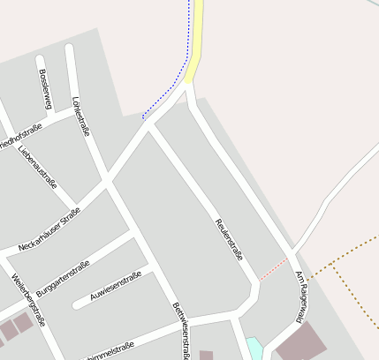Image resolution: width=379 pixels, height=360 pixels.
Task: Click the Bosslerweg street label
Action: coord(46,86)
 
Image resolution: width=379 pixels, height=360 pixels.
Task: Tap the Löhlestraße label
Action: coord(81,116)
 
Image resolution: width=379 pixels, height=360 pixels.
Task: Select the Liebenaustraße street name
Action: coord(37,165)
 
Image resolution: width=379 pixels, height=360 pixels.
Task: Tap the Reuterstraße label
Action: coord(229,237)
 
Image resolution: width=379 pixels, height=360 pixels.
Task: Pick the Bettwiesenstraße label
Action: coord(181,329)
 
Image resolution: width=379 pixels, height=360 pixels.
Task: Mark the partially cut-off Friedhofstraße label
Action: coord(19,133)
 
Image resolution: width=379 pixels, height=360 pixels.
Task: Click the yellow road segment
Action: coord(195,40)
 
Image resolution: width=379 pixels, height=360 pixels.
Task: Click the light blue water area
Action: coord(254,349)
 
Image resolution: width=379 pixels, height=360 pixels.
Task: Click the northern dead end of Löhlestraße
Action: coord(69,47)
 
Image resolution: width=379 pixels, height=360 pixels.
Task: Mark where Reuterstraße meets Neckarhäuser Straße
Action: coord(149,126)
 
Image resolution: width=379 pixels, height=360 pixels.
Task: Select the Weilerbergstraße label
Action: coord(27,300)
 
